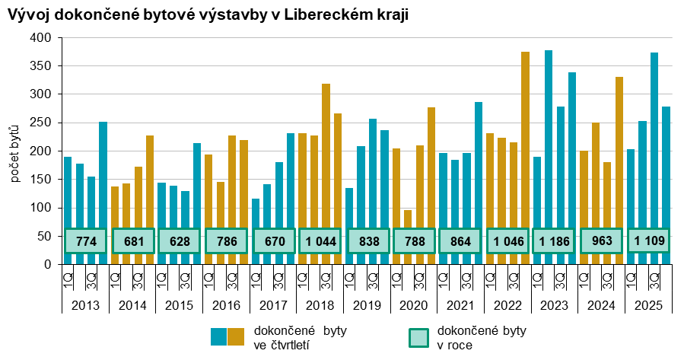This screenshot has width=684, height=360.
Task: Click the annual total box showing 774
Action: pos(86,241)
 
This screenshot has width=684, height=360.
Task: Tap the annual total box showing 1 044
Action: pos(320,241)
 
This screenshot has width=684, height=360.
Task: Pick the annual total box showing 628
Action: pos(180,241)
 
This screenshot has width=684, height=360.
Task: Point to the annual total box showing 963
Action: pos(601,241)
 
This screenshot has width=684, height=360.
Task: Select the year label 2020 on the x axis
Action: pos(414,305)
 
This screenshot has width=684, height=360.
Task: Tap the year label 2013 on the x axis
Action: pos(85,305)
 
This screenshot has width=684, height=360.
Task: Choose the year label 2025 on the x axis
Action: pos(648,305)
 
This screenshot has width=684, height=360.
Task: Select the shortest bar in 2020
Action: pos(408,237)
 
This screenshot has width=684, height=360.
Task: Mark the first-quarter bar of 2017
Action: pos(256,231)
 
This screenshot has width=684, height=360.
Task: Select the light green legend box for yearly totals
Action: pos(418,337)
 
